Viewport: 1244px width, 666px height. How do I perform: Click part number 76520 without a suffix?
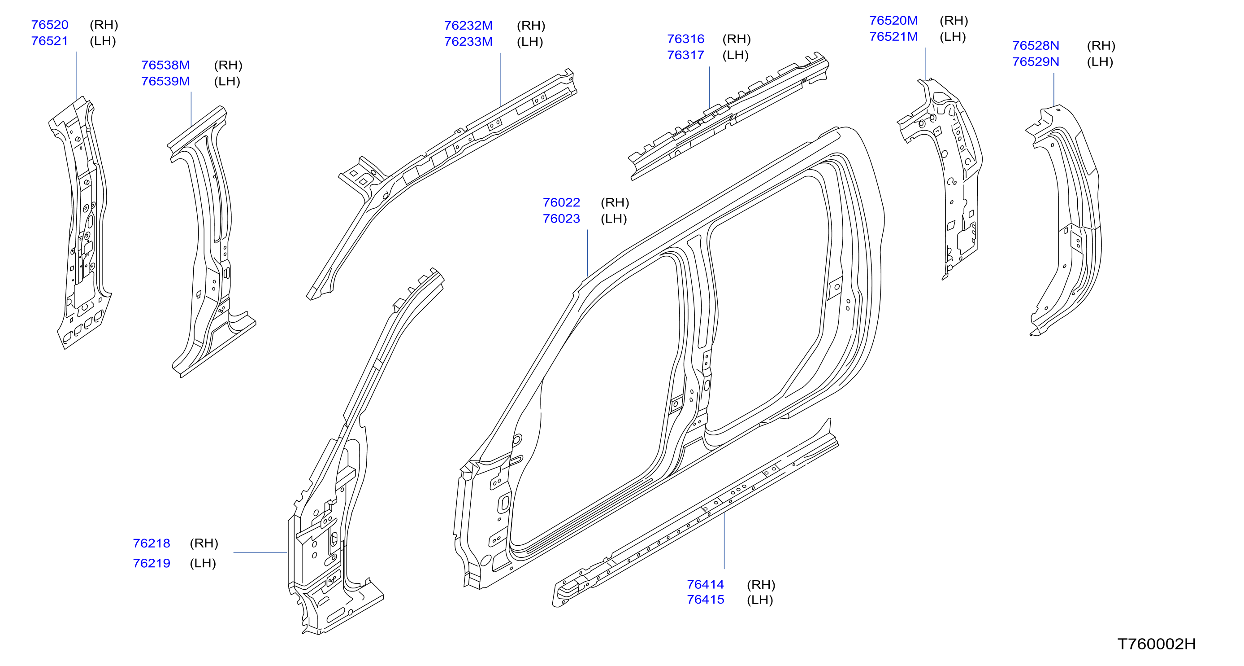[x=50, y=25]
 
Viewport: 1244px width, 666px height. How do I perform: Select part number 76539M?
[x=165, y=81]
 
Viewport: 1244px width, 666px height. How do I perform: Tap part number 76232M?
[x=468, y=26]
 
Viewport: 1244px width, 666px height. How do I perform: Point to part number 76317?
[x=686, y=55]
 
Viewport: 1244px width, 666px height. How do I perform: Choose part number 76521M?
[x=893, y=37]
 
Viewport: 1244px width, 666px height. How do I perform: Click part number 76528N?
[x=1036, y=45]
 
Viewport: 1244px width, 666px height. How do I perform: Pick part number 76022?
[x=561, y=202]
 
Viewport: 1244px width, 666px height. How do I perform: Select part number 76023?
[x=561, y=219]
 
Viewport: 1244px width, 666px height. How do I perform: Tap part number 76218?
[x=152, y=543]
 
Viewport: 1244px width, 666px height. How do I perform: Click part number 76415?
[x=706, y=599]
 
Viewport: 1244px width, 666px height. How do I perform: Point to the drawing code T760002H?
[x=1157, y=644]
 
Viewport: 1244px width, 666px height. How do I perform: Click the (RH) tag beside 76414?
[x=761, y=585]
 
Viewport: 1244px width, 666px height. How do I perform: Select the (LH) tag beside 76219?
[x=203, y=563]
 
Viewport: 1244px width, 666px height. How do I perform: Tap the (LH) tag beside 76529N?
[x=1100, y=62]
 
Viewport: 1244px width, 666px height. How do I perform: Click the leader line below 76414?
[x=724, y=540]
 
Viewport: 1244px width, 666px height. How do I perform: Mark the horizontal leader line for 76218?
[x=260, y=552]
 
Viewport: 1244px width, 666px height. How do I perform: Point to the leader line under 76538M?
[x=191, y=110]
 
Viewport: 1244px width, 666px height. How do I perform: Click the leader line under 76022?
[x=587, y=253]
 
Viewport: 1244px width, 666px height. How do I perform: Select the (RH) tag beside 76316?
[x=737, y=39]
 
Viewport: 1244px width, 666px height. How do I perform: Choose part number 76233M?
[x=468, y=42]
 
